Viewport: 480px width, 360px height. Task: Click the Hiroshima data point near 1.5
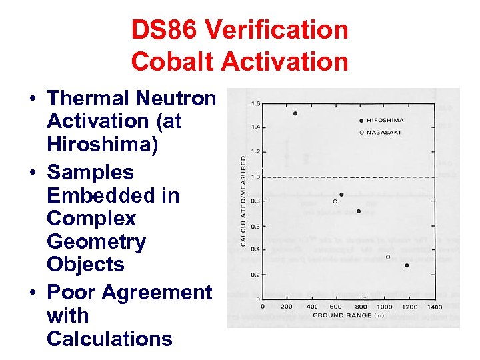coord(295,113)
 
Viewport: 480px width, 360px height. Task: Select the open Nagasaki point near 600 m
coord(335,201)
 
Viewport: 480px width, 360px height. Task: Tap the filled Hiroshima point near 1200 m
coord(407,265)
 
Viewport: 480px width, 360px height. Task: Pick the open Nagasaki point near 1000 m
coord(388,257)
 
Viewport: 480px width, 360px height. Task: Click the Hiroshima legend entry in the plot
coord(384,121)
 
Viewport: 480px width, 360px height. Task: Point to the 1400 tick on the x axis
coord(434,307)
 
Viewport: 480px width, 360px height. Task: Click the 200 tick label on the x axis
coord(287,307)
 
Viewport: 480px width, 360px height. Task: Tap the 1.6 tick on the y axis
coord(256,103)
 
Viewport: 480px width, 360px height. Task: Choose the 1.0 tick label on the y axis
coord(256,177)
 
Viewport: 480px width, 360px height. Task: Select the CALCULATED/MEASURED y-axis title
coord(244,200)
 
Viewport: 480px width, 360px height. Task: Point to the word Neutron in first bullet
coord(176,99)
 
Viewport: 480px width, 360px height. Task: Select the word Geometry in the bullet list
coord(96,241)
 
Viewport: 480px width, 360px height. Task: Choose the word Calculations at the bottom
coord(109,339)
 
